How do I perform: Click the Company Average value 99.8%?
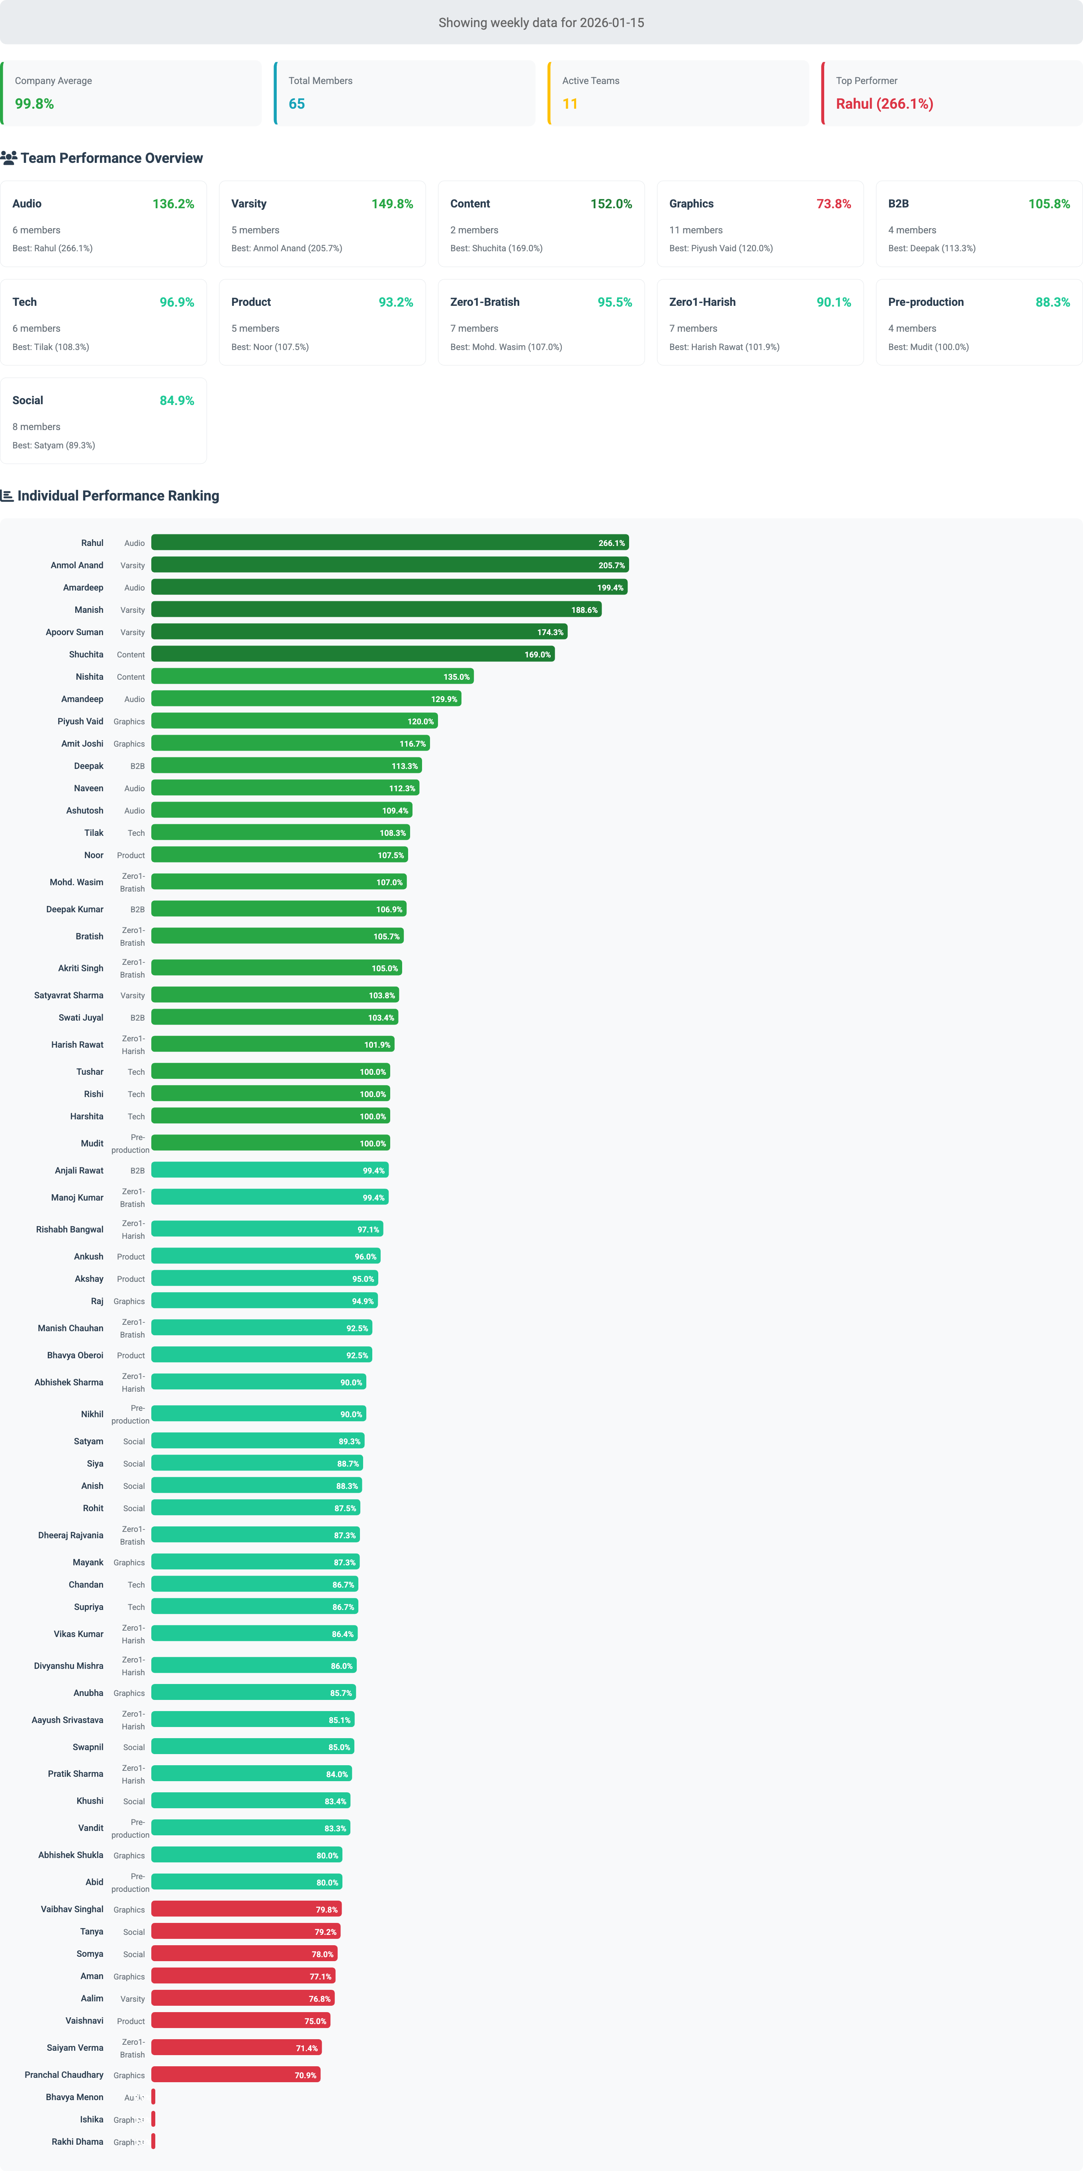35,104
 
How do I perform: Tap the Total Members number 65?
297,104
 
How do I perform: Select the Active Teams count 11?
570,104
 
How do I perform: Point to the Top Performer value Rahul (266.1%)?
884,104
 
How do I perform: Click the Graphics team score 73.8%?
833,204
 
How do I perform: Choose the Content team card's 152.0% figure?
611,204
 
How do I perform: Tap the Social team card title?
28,400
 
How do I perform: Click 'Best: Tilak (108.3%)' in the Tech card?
51,347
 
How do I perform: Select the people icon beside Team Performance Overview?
8,158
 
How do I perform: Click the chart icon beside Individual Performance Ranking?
7,495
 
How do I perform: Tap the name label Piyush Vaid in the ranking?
80,722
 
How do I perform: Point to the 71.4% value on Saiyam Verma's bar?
307,2048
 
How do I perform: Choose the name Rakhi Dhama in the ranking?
78,2142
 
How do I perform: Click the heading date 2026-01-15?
612,23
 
